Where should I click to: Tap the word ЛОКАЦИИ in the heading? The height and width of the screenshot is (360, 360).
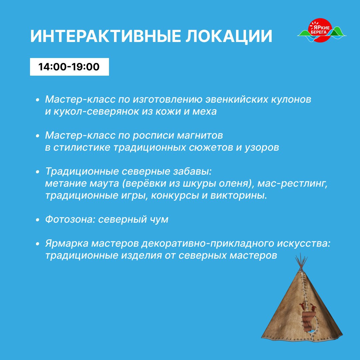tap(229, 37)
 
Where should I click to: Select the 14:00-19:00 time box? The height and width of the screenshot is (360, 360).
tap(69, 67)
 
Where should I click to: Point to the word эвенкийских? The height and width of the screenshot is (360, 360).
tap(237, 99)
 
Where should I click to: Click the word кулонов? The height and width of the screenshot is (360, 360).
tap(291, 99)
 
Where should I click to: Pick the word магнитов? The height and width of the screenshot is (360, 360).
tap(200, 135)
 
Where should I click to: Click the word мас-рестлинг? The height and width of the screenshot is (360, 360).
tap(292, 184)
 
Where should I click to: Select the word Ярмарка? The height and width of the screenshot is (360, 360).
tap(67, 243)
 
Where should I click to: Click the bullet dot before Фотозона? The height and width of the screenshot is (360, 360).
tap(38, 220)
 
